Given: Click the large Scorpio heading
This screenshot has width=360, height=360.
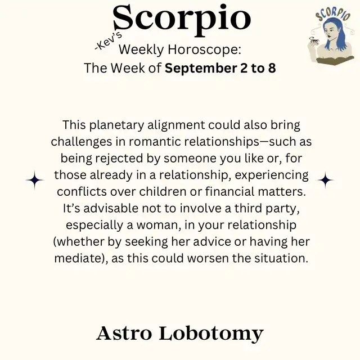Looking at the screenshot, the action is [182, 20].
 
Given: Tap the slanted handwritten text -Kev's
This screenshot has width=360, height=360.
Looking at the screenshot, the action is [108, 41].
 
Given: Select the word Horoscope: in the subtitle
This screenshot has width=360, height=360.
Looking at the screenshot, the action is [205, 49].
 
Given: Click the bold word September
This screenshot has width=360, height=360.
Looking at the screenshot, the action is [201, 69].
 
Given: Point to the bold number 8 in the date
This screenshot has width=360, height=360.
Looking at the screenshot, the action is [272, 68].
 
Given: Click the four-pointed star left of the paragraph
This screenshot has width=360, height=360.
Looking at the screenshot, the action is [35, 180].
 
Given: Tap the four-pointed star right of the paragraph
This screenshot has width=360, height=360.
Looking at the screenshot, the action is [325, 180].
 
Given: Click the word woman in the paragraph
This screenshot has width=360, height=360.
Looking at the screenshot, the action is [157, 225].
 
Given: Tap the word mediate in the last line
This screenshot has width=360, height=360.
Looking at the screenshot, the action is [78, 258].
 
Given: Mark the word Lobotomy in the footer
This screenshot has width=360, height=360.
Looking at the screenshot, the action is [211, 334].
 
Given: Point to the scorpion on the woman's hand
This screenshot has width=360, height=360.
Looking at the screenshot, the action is [314, 40].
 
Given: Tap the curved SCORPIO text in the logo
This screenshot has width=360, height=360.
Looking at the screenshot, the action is [333, 14].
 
